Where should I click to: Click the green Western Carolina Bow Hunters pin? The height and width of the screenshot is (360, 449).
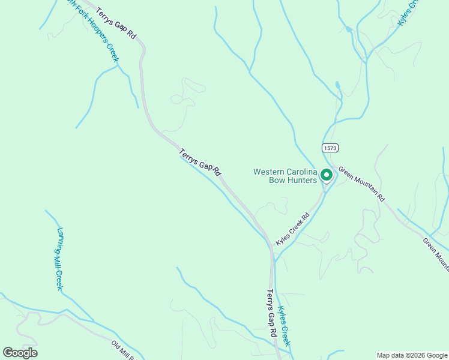point(327,175)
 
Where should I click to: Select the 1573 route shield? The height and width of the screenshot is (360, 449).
point(330,148)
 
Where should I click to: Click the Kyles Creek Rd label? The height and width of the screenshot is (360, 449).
point(293,229)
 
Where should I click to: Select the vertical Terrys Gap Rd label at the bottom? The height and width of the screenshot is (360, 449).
point(272,314)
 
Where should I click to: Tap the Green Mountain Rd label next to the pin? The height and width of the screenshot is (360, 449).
point(361,184)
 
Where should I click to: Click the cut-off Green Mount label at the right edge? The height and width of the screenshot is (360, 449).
point(435,252)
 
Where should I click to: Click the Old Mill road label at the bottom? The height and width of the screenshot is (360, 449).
point(125,351)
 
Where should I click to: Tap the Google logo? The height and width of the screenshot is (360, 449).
point(20,353)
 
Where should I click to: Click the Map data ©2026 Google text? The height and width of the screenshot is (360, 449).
point(412,355)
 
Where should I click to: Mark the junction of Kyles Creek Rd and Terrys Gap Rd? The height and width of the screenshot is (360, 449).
point(271,247)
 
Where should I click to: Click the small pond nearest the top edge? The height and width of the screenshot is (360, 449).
point(348,28)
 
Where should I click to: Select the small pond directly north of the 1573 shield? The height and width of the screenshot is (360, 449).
point(337,85)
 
